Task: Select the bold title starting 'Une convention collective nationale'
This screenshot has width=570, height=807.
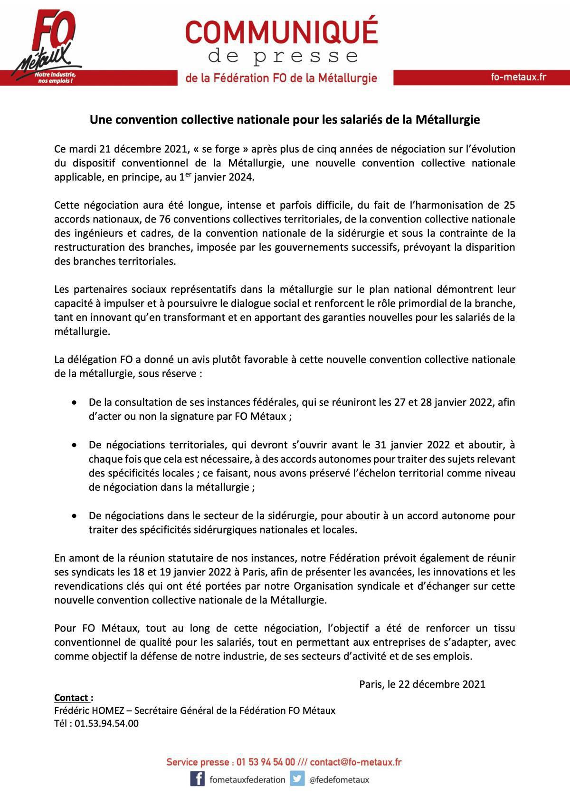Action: (x=285, y=120)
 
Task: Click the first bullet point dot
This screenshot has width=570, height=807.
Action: (x=74, y=403)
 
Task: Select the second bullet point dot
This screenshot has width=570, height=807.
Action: (x=74, y=445)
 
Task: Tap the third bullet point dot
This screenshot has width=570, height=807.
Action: (x=74, y=516)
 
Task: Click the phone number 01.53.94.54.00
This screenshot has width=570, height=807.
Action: (x=106, y=723)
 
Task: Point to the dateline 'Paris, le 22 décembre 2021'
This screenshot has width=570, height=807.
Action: (x=422, y=684)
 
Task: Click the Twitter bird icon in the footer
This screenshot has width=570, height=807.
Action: (x=297, y=779)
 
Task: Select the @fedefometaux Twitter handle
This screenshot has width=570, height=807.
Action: (x=339, y=779)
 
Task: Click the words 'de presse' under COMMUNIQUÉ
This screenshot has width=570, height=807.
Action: (x=283, y=57)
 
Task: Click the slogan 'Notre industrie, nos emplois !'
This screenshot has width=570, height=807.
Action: (x=56, y=78)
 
